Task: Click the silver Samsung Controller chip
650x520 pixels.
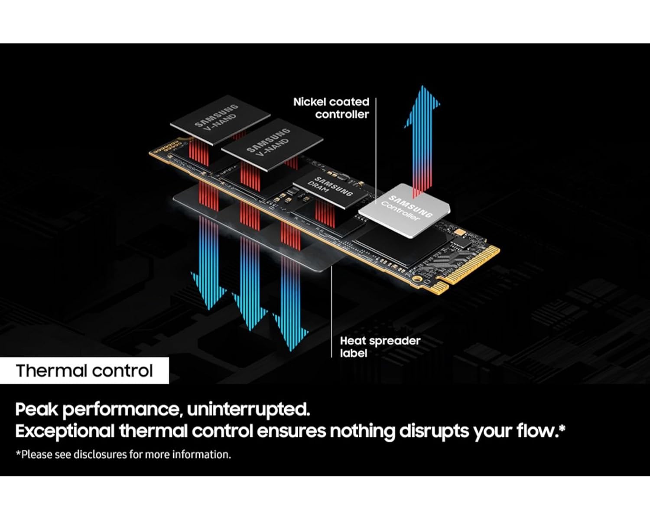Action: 404,210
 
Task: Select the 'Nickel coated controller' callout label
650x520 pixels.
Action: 331,108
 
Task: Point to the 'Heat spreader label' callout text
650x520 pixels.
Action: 380,347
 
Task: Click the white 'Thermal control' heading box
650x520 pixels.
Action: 84,371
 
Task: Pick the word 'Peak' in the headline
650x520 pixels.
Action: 36,409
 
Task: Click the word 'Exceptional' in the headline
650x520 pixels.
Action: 65,431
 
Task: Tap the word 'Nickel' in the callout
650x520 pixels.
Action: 308,102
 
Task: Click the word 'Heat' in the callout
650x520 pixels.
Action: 353,341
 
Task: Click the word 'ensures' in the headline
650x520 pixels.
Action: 290,431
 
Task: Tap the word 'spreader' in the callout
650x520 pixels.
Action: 395,341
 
